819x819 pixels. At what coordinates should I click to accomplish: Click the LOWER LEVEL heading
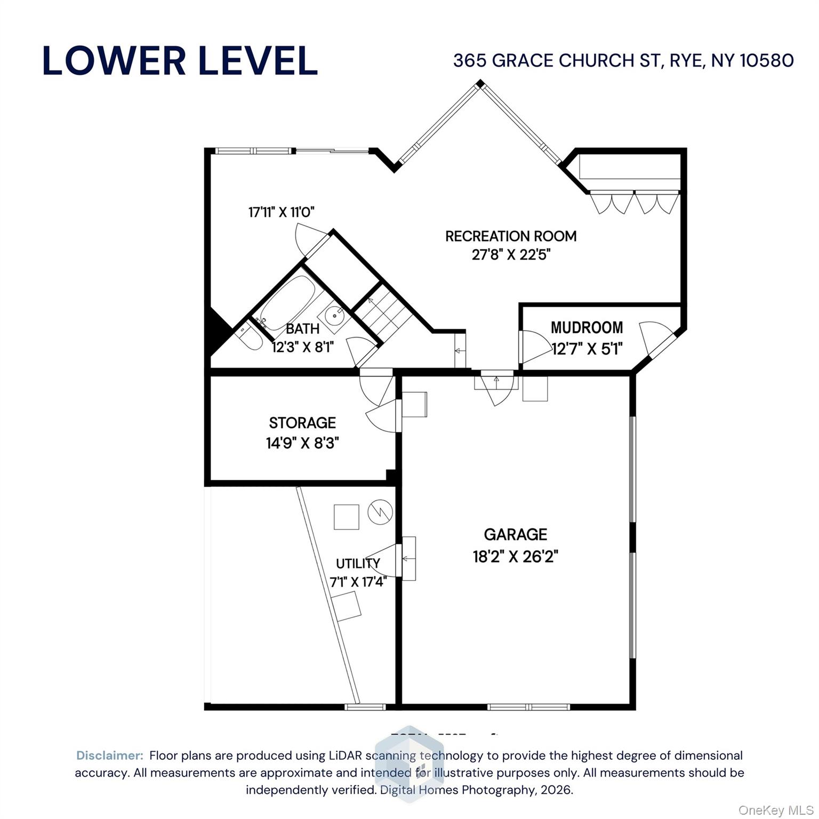180,61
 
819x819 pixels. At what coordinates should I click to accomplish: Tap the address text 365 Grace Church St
623,61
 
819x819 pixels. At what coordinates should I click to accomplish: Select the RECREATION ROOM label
511,236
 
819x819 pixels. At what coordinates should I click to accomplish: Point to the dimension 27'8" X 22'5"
511,255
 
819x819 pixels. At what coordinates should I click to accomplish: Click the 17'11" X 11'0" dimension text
282,212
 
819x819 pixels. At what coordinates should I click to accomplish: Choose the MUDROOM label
587,327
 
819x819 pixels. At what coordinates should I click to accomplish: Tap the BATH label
302,329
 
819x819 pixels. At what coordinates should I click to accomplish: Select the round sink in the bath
335,315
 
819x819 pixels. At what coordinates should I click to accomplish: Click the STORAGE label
302,423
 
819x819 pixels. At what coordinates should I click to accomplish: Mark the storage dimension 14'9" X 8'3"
302,443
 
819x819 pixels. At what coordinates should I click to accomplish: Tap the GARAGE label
515,534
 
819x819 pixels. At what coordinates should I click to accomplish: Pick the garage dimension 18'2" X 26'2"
515,557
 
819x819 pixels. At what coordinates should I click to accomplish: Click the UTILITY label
358,564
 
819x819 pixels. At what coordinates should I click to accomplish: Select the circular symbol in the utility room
380,512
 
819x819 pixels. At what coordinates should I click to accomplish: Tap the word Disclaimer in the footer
110,756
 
